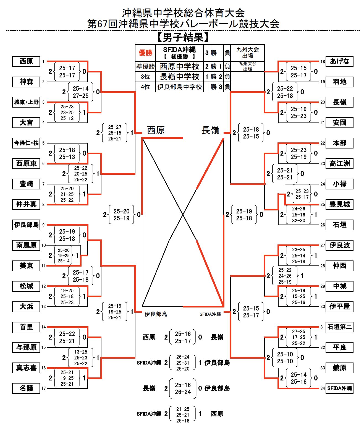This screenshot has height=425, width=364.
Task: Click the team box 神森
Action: [26, 82]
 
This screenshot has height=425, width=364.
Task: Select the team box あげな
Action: [339, 61]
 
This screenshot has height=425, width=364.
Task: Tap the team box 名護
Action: [26, 389]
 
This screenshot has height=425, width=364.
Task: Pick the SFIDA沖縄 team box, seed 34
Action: [339, 389]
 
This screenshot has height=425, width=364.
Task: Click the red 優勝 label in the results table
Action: [145, 53]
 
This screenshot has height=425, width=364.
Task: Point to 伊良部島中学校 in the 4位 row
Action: [179, 87]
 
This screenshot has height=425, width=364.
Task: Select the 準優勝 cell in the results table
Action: [145, 66]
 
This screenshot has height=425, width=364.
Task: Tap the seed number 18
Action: [323, 61]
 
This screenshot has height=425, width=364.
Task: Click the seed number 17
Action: [43, 389]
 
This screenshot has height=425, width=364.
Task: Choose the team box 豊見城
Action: [339, 204]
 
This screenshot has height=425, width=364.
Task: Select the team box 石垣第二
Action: [339, 327]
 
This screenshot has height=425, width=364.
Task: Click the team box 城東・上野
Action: [26, 102]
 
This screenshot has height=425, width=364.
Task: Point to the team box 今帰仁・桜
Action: [26, 143]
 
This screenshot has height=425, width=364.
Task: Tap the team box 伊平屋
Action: [339, 307]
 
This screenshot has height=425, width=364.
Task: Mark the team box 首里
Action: [26, 327]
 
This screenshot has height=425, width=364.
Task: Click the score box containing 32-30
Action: [298, 215]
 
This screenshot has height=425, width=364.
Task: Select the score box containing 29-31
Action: [183, 363]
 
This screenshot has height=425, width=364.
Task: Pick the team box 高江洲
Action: [339, 163]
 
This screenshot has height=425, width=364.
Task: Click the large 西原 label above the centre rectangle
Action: [156, 130]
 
